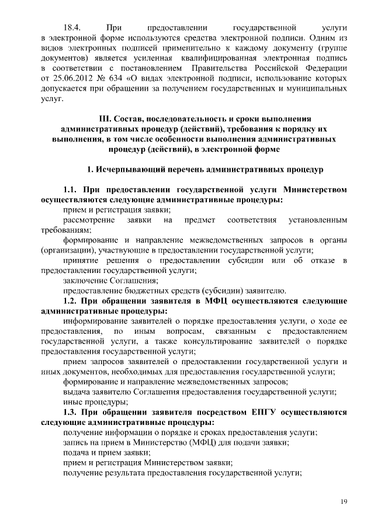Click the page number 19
pos(344,501)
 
